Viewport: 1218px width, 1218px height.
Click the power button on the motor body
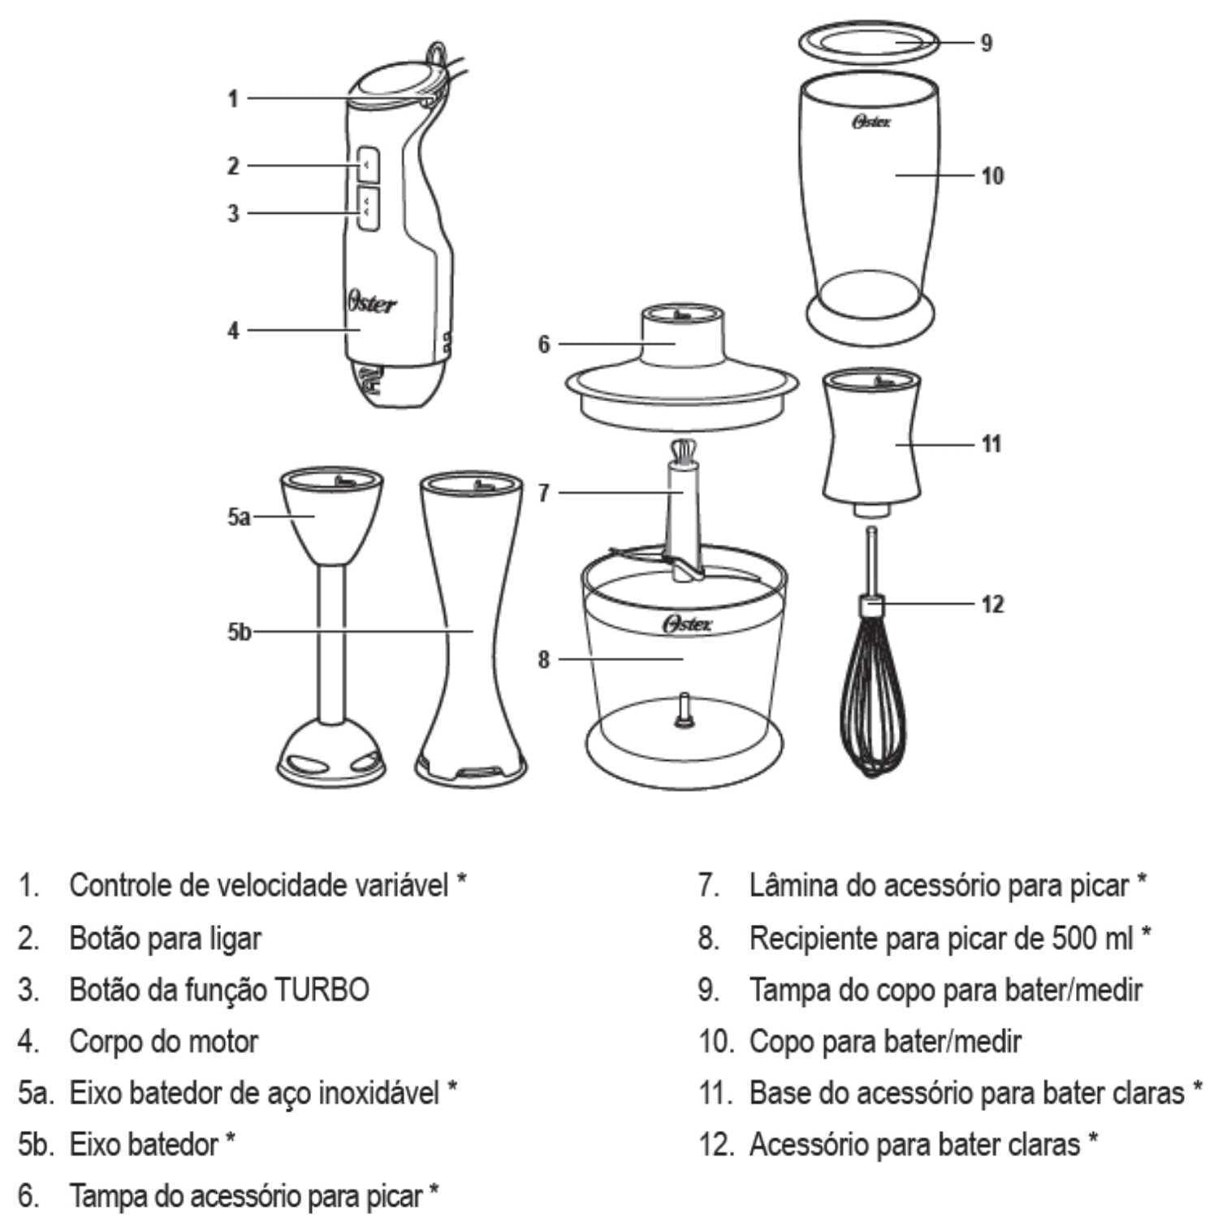[368, 165]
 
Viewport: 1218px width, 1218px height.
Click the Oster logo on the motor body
[372, 303]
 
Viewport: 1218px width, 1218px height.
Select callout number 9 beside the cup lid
[986, 42]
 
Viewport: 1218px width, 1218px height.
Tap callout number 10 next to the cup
[992, 175]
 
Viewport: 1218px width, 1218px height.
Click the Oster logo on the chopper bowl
[687, 624]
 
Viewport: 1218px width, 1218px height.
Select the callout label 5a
[238, 516]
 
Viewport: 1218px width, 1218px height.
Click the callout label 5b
[238, 632]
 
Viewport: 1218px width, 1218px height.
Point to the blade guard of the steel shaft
[330, 751]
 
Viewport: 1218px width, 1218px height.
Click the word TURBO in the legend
[322, 990]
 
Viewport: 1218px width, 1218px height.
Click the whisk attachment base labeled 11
[872, 443]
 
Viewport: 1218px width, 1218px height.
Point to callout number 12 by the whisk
[992, 604]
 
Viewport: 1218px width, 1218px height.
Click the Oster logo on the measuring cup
[871, 122]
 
